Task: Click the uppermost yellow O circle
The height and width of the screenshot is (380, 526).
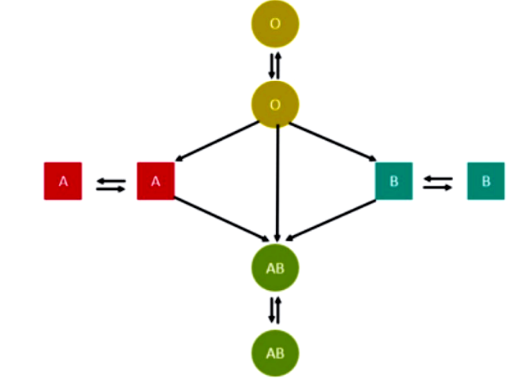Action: (274, 24)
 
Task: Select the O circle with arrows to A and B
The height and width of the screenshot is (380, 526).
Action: (274, 104)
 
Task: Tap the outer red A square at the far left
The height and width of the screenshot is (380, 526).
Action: (63, 182)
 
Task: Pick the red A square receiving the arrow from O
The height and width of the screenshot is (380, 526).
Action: (156, 182)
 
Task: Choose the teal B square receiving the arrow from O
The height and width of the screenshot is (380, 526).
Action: (393, 182)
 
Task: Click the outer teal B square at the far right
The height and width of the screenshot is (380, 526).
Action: (486, 182)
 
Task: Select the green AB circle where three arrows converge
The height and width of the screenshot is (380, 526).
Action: (274, 267)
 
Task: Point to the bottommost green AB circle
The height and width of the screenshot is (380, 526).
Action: (274, 353)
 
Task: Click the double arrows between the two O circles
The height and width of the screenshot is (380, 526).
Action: (274, 64)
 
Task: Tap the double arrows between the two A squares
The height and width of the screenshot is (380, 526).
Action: (110, 184)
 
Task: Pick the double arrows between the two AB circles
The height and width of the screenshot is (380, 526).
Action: (274, 310)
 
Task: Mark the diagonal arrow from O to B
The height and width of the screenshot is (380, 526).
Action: (332, 141)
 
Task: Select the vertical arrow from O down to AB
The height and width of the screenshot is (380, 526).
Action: (278, 180)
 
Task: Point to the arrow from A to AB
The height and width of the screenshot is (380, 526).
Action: (221, 219)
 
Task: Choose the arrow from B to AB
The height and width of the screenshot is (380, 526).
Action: (332, 219)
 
